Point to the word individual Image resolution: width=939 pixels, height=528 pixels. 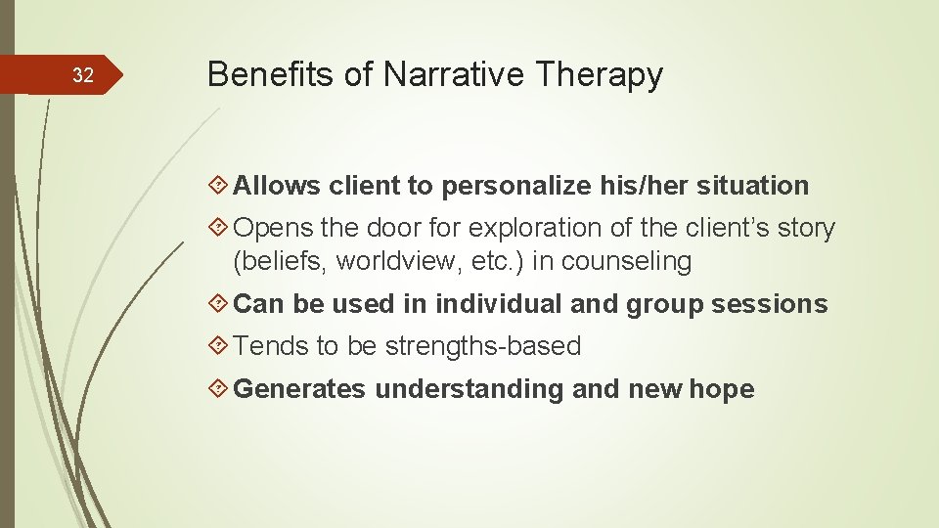(x=499, y=305)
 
